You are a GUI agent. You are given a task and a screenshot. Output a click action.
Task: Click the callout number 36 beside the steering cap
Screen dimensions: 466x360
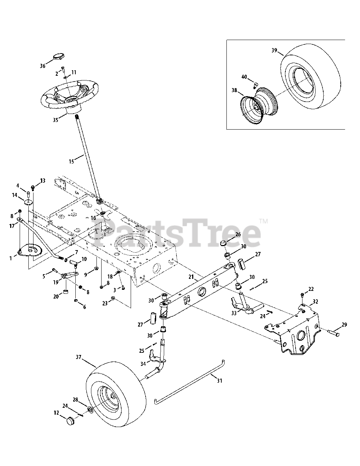[43, 66]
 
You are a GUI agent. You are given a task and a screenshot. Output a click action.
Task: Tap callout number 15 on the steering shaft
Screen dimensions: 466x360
[72, 161]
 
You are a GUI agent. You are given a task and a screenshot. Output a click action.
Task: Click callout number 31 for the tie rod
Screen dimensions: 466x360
[219, 381]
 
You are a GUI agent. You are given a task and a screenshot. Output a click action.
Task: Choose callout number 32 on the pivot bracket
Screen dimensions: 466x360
[315, 301]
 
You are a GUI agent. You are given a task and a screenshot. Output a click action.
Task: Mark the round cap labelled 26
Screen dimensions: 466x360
[225, 243]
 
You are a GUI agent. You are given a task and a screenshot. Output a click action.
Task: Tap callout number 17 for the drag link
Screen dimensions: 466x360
[12, 226]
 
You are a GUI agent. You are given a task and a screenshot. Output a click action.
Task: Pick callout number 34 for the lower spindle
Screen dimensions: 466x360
[143, 363]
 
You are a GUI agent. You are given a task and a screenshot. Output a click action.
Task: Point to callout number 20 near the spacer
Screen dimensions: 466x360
[56, 296]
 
